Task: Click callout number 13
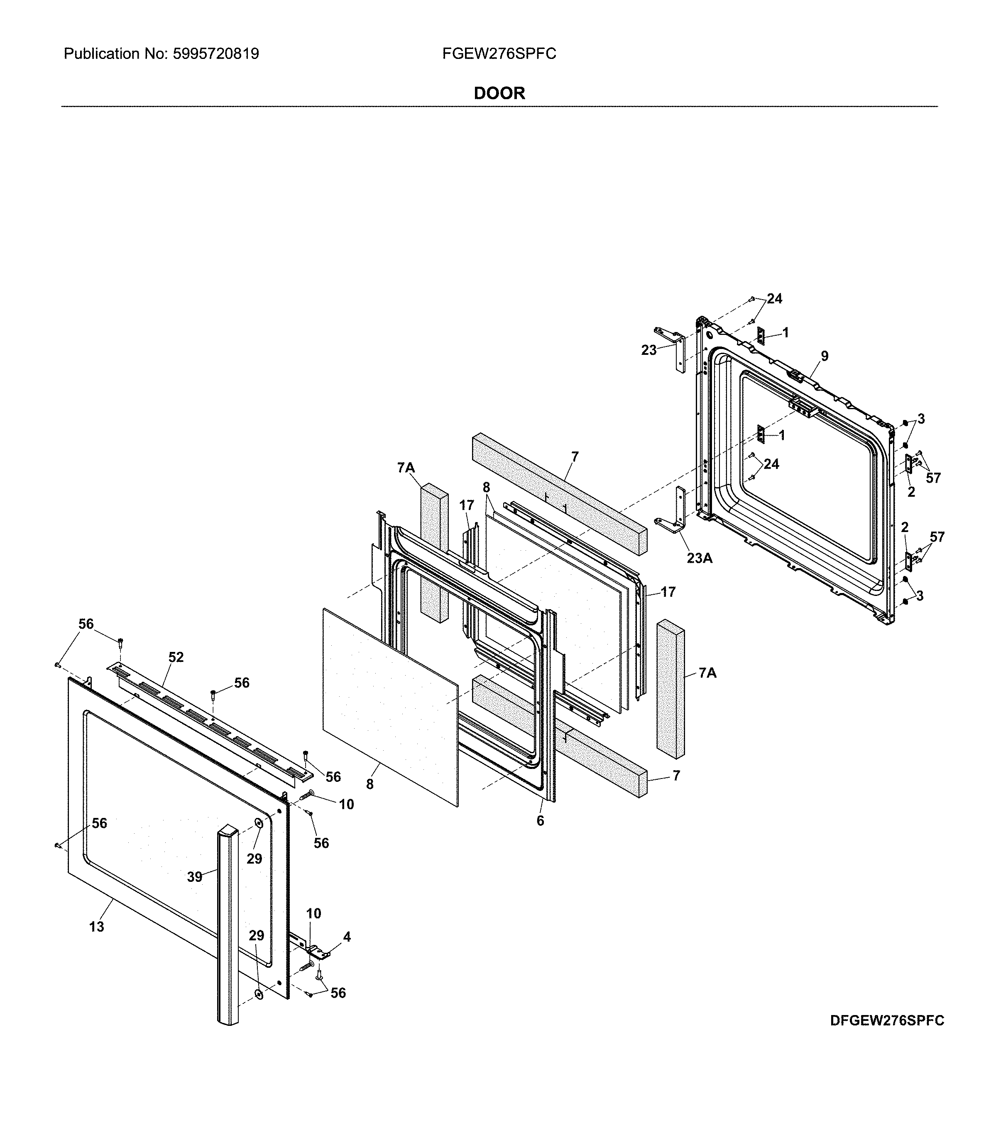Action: click(96, 927)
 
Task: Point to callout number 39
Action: click(194, 877)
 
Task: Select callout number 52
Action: click(176, 657)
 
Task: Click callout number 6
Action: click(540, 821)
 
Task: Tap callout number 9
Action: click(824, 356)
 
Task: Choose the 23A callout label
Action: click(699, 559)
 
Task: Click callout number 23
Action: click(648, 350)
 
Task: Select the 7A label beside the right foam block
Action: click(707, 673)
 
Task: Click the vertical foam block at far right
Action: click(670, 688)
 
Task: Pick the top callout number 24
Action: click(774, 298)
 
